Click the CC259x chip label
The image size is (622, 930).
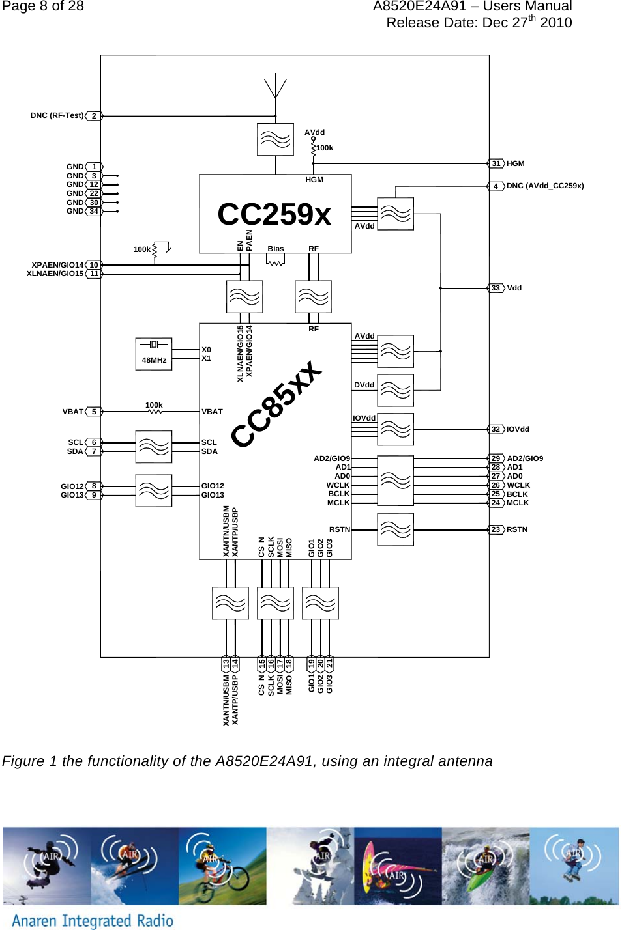click(274, 214)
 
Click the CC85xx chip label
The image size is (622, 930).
click(277, 404)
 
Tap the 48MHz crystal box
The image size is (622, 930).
click(154, 354)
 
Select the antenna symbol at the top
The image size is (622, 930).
click(276, 88)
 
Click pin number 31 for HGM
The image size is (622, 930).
click(496, 163)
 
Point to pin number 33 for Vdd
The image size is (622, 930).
click(496, 288)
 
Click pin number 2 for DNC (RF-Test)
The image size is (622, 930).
click(94, 116)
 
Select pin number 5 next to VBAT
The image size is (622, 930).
click(94, 412)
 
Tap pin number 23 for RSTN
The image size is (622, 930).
click(496, 529)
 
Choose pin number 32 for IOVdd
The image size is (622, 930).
click(496, 429)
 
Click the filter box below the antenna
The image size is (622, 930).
click(275, 139)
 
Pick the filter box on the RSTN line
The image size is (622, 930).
click(395, 529)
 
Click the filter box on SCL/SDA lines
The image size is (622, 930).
click(154, 447)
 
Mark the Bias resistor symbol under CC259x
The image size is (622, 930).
click(276, 261)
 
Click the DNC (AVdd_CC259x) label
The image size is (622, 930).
click(545, 186)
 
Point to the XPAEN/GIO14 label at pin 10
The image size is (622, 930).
click(57, 265)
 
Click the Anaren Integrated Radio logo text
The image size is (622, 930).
click(93, 920)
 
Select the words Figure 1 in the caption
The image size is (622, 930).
click(30, 761)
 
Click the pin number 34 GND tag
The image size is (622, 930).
click(94, 211)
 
